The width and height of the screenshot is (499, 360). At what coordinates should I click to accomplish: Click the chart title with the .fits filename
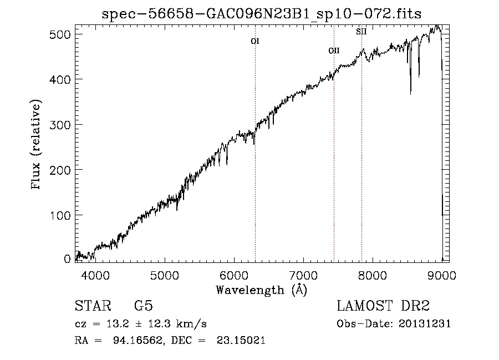click(x=262, y=14)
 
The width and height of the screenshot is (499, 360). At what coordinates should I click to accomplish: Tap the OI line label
click(x=255, y=41)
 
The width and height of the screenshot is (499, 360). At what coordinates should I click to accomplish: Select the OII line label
click(x=334, y=50)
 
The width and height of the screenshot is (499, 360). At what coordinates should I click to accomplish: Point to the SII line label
click(x=361, y=32)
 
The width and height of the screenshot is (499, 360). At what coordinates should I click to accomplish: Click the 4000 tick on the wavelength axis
click(x=95, y=275)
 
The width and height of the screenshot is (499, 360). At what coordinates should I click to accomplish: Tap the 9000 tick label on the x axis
click(x=442, y=275)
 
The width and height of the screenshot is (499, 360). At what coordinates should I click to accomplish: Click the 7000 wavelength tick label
click(x=303, y=275)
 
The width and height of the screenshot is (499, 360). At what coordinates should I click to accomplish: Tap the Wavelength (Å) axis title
click(x=261, y=290)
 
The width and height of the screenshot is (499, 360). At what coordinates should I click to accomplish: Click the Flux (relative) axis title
click(x=37, y=145)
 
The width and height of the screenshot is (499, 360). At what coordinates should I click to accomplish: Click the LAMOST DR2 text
click(x=383, y=306)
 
